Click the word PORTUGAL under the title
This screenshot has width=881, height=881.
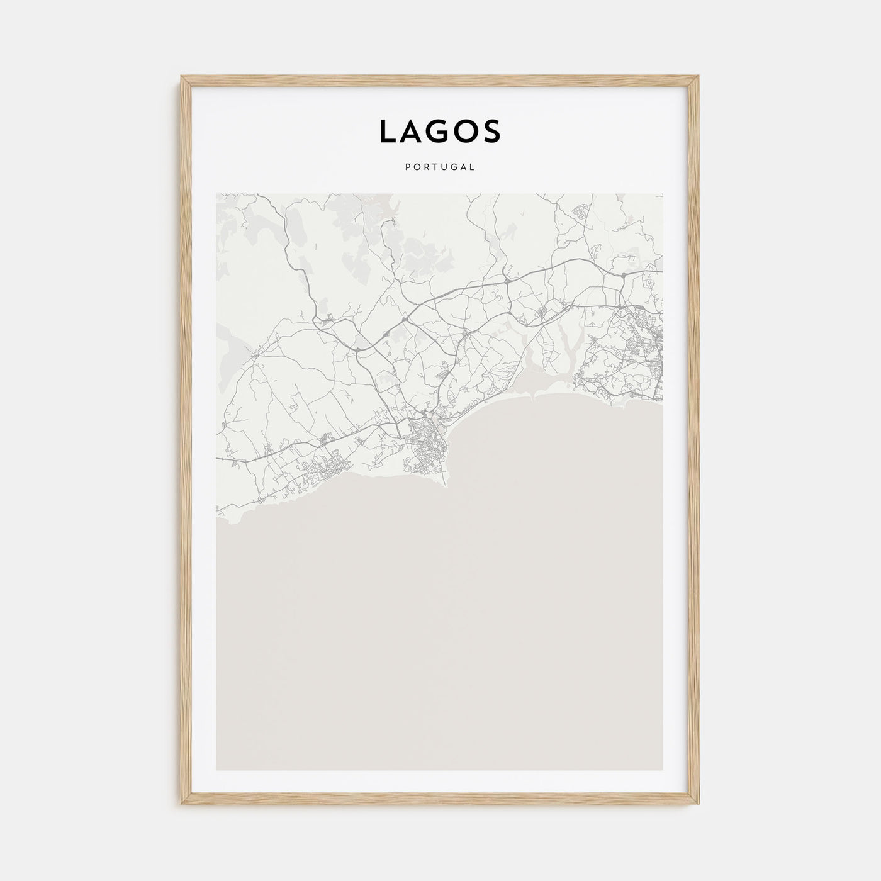441,167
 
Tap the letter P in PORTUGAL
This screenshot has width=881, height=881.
409,167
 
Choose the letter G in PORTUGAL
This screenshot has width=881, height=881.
453,167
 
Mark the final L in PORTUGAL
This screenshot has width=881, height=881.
472,167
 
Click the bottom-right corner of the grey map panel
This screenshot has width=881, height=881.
663,770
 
